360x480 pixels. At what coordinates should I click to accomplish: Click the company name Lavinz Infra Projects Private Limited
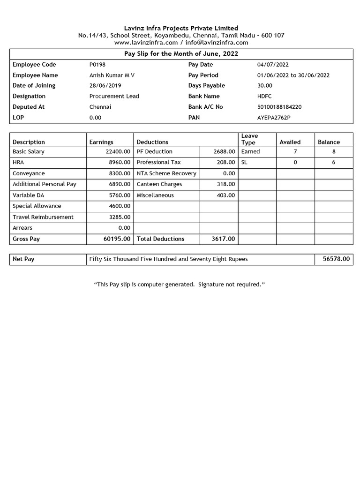[x=181, y=28]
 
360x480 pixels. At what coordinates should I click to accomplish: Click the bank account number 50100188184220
[x=279, y=107]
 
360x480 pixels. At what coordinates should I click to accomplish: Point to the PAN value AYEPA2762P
[x=274, y=118]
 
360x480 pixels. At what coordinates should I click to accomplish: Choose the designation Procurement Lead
[x=114, y=96]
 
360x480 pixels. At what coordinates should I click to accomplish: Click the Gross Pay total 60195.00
[x=117, y=239]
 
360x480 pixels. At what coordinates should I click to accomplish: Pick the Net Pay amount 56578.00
[x=336, y=259]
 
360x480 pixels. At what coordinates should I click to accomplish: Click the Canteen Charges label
[x=159, y=184]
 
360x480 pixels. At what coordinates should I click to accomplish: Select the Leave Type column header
[x=249, y=139]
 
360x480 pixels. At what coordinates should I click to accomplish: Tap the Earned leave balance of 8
[x=334, y=152]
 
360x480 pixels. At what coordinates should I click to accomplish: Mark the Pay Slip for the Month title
[x=181, y=54]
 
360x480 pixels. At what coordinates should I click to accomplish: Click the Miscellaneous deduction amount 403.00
[x=225, y=195]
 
